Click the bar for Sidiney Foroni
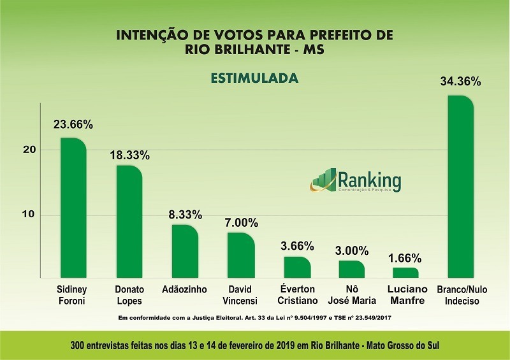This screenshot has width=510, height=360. click(x=73, y=208)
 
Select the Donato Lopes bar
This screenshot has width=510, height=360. click(x=129, y=222)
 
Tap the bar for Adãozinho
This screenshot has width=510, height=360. click(x=185, y=252)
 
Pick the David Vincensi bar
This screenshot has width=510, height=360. click(x=241, y=255)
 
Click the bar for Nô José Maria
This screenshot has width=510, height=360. click(x=352, y=269)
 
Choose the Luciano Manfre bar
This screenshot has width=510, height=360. click(x=405, y=273)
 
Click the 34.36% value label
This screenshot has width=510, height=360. click(x=460, y=82)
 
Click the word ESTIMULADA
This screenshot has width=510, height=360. click(x=255, y=78)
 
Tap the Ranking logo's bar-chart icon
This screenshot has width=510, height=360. click(x=325, y=179)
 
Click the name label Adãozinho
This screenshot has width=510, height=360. click(x=185, y=289)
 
